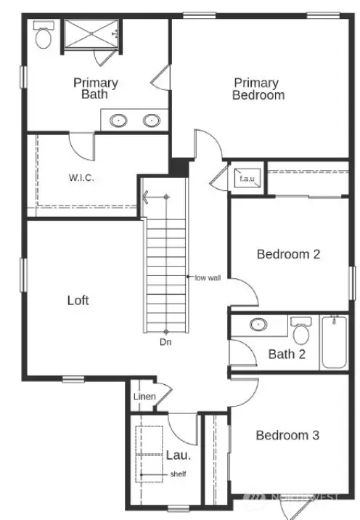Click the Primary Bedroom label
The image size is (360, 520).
[258, 89]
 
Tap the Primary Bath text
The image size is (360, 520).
[96, 89]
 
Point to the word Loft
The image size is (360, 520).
[78, 300]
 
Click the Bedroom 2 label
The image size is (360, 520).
[288, 254]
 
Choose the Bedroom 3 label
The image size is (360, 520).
[287, 435]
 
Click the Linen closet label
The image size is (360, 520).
[142, 397]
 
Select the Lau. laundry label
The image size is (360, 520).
[178, 456]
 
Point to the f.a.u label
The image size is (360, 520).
[246, 179]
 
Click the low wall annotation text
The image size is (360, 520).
[208, 277]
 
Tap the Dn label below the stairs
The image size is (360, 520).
[166, 341]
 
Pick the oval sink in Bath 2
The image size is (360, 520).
[258, 324]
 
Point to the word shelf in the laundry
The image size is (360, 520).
[179, 474]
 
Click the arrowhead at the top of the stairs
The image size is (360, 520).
[146, 197]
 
